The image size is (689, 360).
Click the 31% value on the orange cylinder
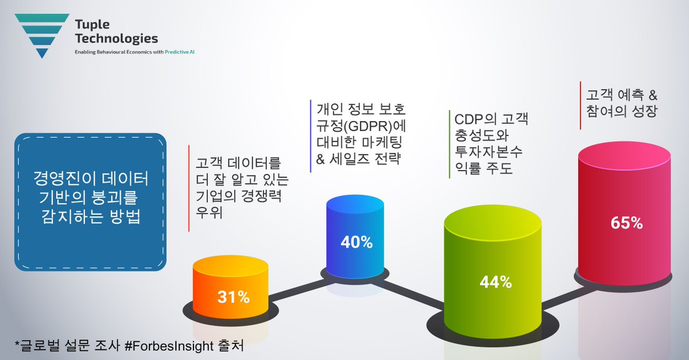233,297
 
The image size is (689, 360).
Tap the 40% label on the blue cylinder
357,242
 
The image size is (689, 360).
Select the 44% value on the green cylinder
496,282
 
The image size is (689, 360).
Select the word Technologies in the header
116,38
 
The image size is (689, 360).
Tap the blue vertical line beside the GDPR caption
310,136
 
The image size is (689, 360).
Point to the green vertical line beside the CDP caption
448,144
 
